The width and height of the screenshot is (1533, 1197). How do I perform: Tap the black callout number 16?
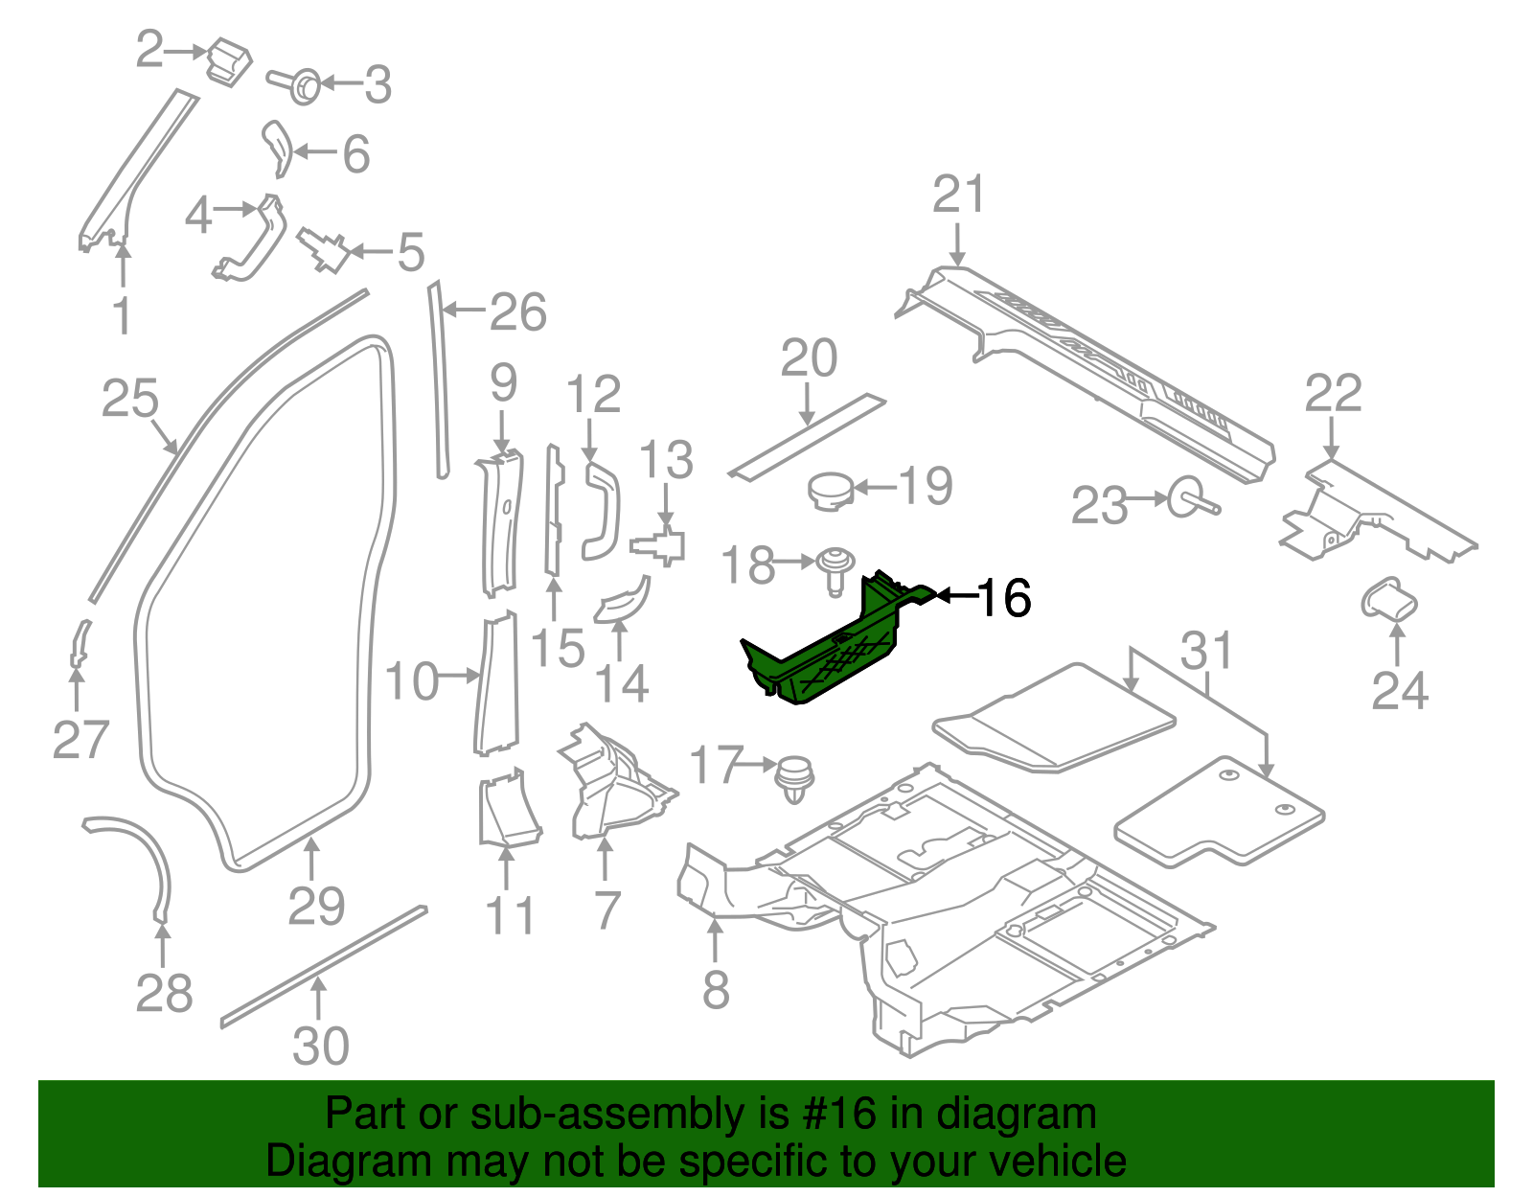tap(1003, 598)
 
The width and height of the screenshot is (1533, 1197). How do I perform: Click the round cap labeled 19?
tap(830, 491)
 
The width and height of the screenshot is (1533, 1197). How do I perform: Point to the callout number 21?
tap(958, 195)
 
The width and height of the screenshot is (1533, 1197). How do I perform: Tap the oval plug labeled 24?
tap(1388, 601)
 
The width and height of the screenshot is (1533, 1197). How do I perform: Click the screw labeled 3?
tap(300, 85)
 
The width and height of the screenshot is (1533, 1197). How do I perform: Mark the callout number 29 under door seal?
tap(316, 906)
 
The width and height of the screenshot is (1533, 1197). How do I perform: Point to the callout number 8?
tap(716, 990)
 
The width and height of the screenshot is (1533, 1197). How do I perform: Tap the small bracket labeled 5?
tap(325, 250)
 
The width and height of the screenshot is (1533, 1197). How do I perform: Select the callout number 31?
tap(1205, 651)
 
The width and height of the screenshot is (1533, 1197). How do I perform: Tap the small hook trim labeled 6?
tap(277, 147)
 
